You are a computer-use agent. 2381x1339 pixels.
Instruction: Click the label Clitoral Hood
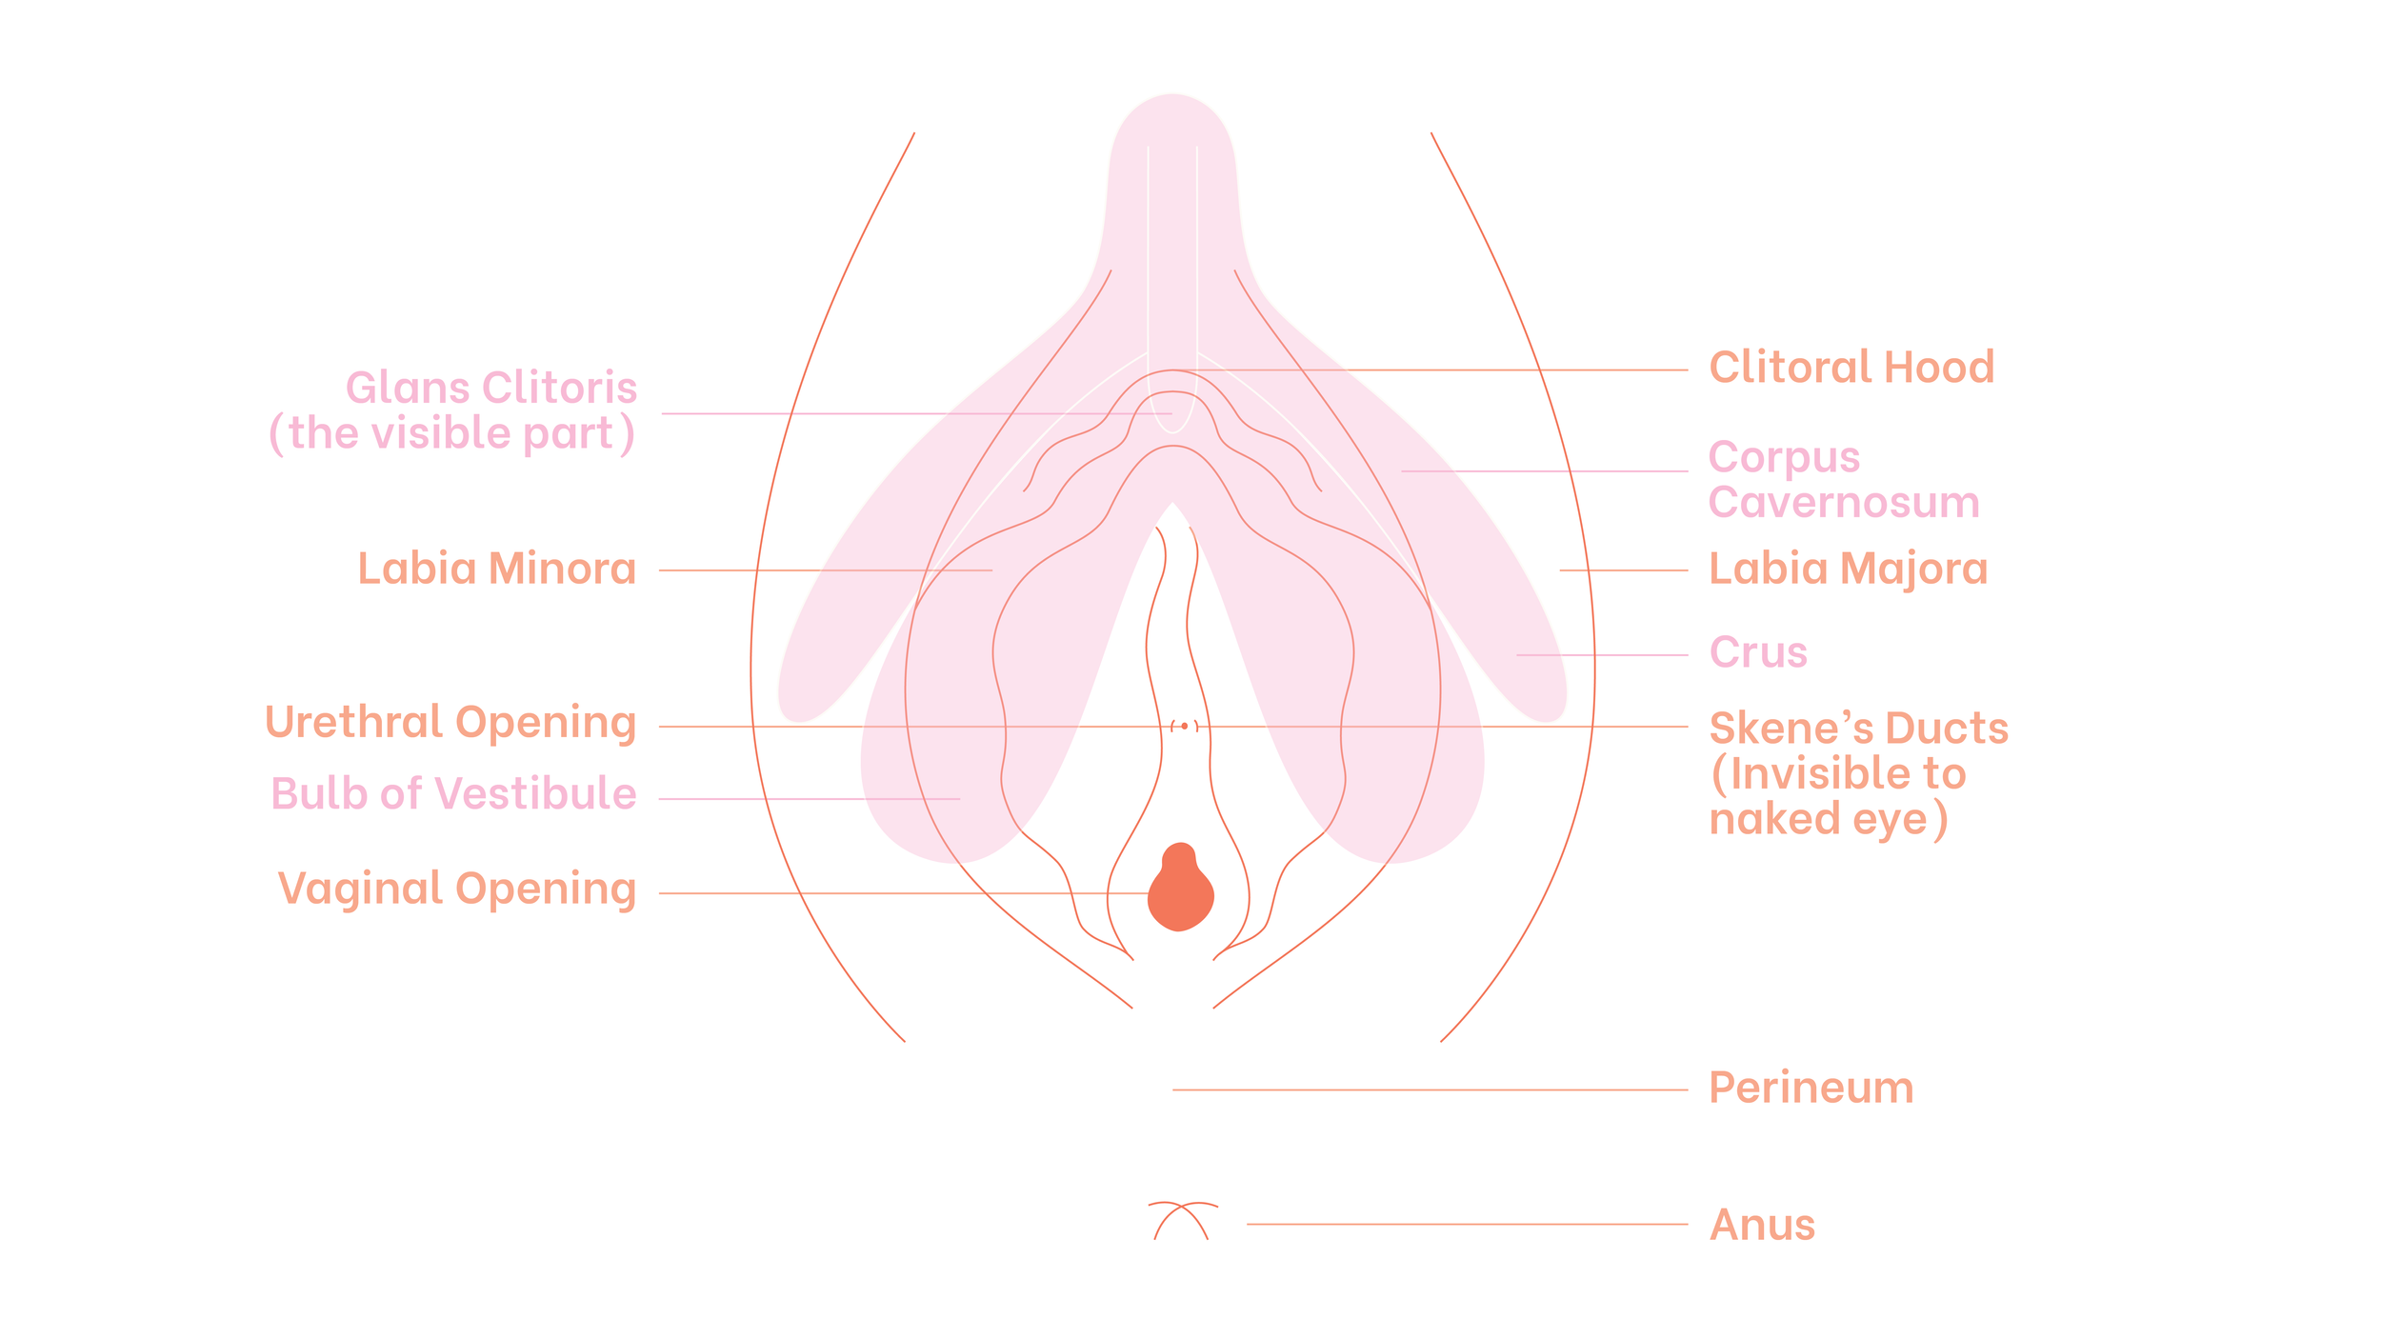(x=1851, y=368)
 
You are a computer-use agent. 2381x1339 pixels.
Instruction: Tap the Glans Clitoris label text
(x=490, y=389)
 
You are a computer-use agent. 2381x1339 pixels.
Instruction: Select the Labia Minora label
(x=496, y=569)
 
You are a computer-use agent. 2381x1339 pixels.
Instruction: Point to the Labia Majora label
(x=1848, y=569)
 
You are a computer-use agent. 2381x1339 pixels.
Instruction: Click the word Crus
(x=1757, y=653)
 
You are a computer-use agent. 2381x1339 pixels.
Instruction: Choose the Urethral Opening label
(x=450, y=723)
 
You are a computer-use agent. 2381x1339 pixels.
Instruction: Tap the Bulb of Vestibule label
(x=453, y=793)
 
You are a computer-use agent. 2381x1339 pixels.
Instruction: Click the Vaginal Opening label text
(x=457, y=889)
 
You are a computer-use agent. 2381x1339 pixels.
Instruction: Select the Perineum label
(x=1811, y=1088)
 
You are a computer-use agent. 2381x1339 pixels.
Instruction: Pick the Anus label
(x=1762, y=1225)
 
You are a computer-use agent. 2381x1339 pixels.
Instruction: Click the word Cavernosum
(x=1843, y=502)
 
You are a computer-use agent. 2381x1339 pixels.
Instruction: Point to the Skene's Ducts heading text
(x=1858, y=729)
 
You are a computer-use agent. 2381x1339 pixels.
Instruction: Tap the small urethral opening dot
(x=1184, y=727)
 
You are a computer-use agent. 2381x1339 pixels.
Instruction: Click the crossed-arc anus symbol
(x=1182, y=1219)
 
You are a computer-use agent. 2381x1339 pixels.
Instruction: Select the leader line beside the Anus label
(x=1467, y=1224)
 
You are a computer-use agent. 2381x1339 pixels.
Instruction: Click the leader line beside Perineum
(x=1429, y=1089)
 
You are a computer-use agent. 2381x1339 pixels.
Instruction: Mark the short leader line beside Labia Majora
(x=1623, y=570)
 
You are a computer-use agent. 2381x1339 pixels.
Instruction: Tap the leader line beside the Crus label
(x=1601, y=655)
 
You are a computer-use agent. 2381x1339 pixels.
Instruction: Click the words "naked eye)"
(x=1828, y=819)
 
